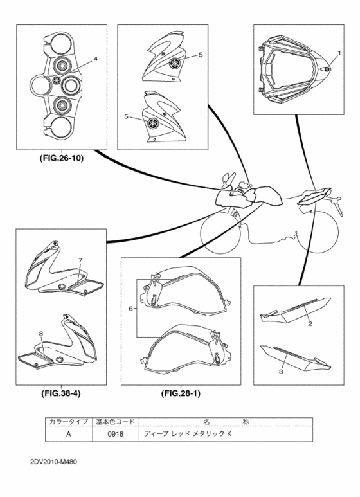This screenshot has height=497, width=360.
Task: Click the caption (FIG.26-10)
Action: tap(62, 158)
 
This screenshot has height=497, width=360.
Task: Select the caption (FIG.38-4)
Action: tap(61, 393)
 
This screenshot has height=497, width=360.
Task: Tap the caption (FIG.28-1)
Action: tap(181, 393)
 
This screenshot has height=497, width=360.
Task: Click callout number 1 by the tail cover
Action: tap(339, 53)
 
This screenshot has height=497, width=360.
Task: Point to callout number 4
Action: tap(96, 59)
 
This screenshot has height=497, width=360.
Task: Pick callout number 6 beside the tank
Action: tap(130, 308)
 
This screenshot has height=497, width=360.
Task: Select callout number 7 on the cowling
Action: tap(80, 260)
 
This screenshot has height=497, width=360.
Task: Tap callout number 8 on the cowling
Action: tap(40, 333)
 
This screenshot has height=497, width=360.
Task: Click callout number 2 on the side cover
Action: tap(310, 323)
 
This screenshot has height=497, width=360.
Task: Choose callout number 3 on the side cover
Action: tap(281, 372)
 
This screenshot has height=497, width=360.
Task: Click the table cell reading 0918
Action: tap(115, 433)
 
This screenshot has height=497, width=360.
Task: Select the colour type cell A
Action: tap(68, 433)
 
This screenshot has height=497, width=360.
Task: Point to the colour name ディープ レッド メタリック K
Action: tap(188, 433)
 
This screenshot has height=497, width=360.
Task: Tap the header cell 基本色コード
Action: tap(115, 422)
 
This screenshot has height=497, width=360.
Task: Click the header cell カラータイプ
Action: tap(68, 422)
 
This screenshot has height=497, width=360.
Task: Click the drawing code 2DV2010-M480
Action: tap(53, 462)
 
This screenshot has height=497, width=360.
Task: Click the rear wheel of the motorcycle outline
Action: tap(317, 232)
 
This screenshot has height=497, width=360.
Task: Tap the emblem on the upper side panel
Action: tap(174, 63)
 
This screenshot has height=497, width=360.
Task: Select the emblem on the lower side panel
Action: tap(154, 123)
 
